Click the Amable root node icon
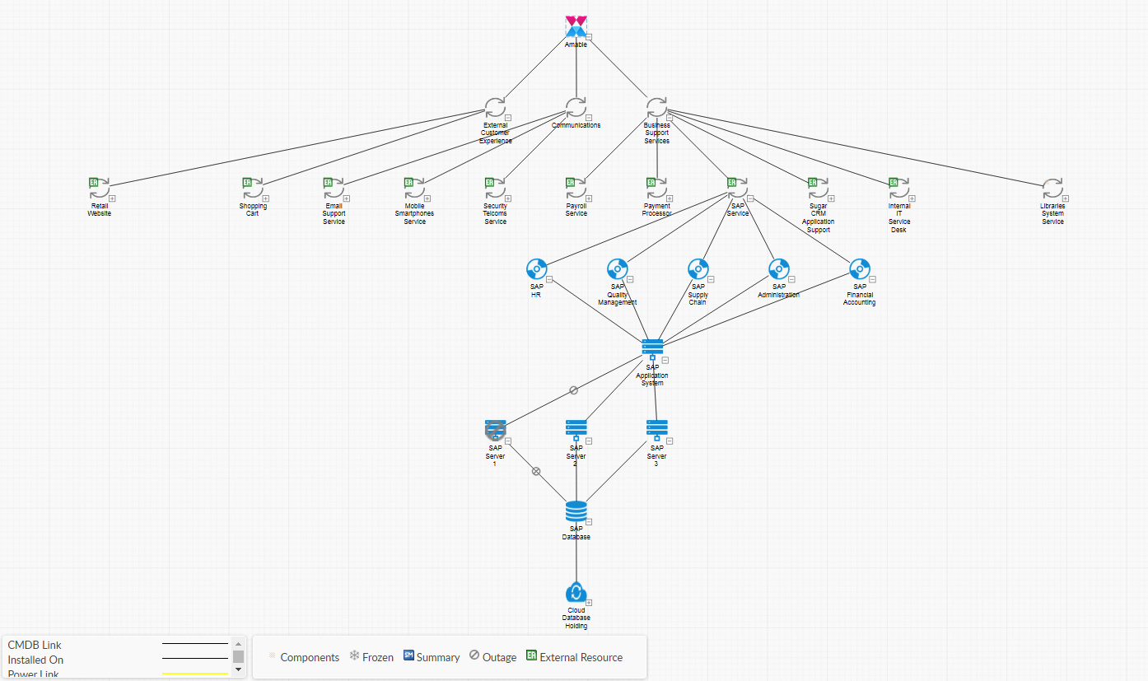point(576,26)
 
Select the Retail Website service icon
point(99,188)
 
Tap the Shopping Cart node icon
point(252,188)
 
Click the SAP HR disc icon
point(536,268)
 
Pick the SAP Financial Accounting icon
point(860,268)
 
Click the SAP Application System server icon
point(652,347)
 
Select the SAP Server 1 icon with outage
point(495,428)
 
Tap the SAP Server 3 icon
point(656,428)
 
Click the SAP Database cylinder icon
point(576,511)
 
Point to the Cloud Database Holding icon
point(576,592)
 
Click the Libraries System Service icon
point(1052,188)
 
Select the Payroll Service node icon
point(576,188)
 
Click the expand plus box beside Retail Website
point(112,198)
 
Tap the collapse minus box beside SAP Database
point(589,521)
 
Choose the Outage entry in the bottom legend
point(493,657)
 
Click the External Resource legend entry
point(575,657)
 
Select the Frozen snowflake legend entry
point(371,657)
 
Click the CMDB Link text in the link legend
point(35,645)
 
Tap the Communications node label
point(576,125)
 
